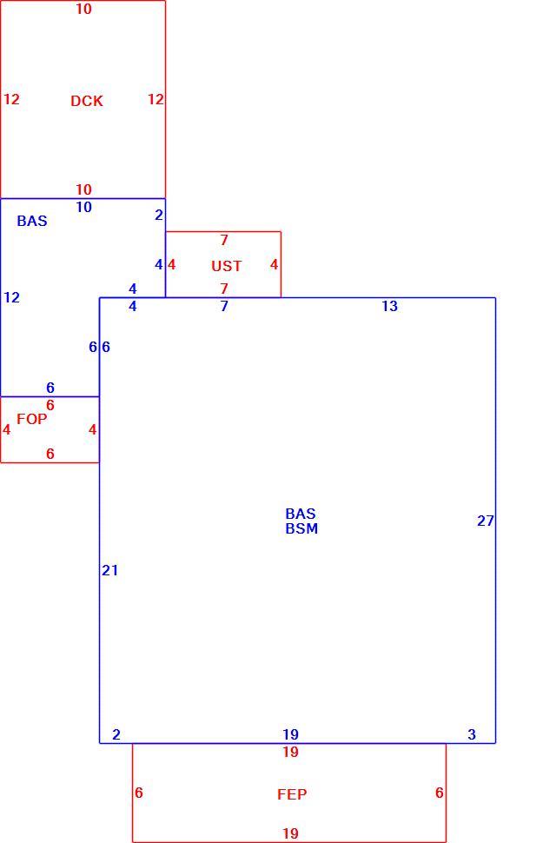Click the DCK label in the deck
point(87,101)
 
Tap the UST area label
point(227,266)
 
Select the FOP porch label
point(32,419)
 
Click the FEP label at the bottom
point(292,794)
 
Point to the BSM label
point(301,528)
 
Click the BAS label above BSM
point(301,514)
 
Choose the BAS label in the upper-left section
point(32,221)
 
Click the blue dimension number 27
point(486,521)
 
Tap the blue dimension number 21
point(110,570)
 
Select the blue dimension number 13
point(390,306)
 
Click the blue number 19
point(291,733)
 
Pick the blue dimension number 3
point(472,733)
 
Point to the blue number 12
point(12,296)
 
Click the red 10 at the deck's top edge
point(84,9)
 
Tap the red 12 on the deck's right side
point(156,99)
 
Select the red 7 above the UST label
point(224,240)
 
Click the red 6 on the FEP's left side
point(139,793)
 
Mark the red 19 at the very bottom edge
point(291,833)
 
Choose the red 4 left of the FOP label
point(6,429)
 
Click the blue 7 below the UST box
point(224,306)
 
